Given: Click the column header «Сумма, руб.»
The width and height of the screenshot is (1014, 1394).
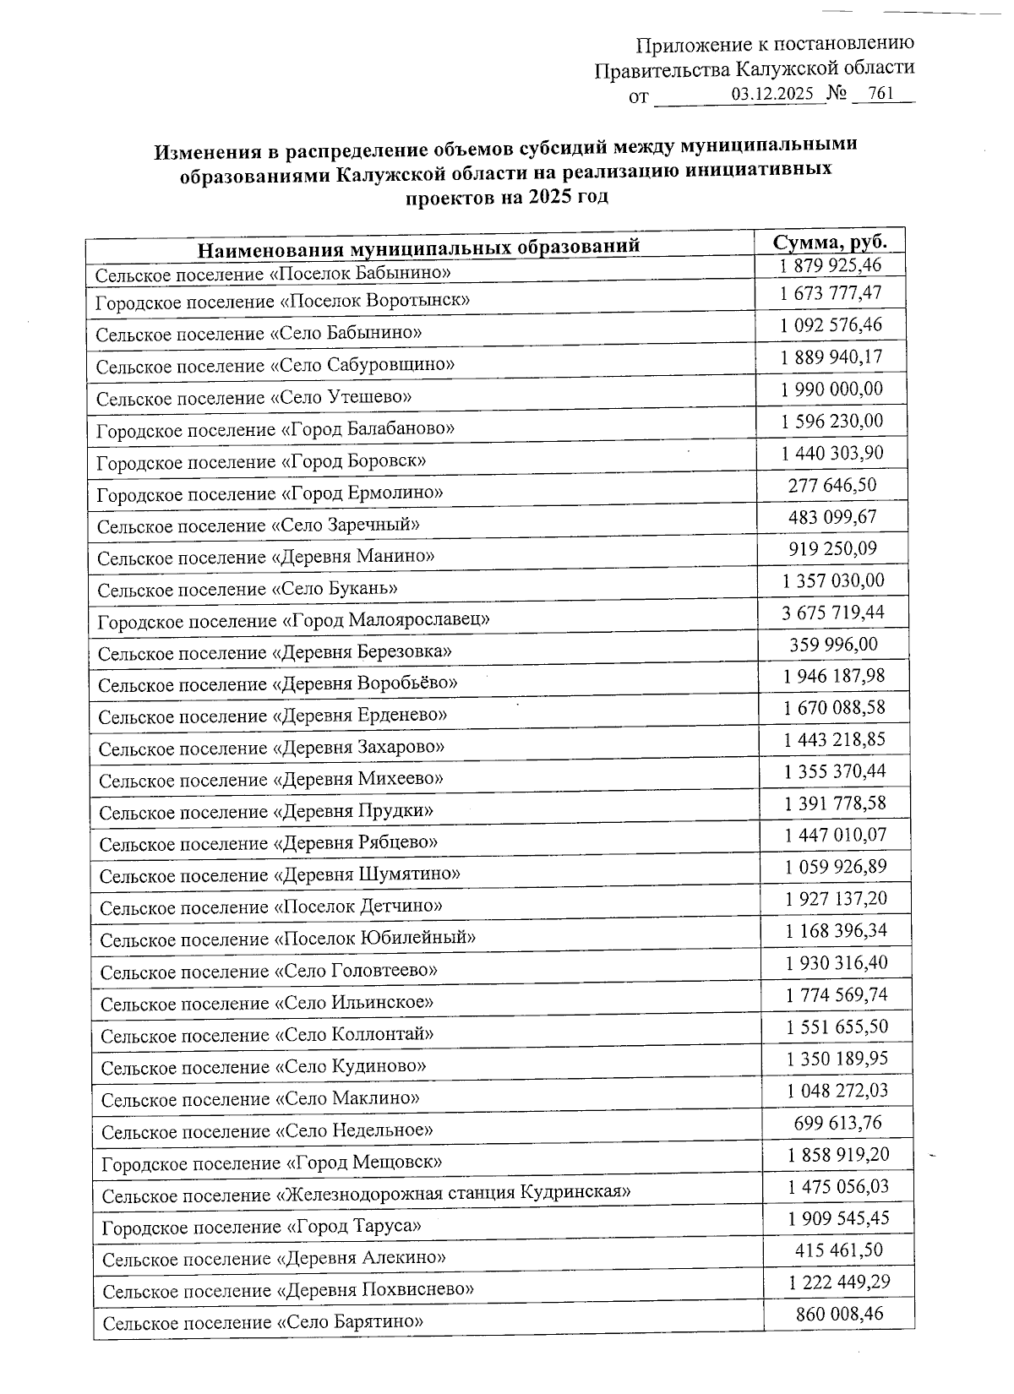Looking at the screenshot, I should tap(831, 242).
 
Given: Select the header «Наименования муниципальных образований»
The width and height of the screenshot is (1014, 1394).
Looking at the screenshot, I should tap(418, 248).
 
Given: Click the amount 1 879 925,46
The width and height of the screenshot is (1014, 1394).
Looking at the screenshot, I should tap(831, 265).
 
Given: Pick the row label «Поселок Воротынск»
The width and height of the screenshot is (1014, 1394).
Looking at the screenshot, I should tap(282, 301).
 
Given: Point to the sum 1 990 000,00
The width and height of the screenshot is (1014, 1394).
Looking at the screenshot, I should tap(831, 389).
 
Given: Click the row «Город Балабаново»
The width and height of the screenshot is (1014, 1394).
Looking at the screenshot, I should tap(275, 429).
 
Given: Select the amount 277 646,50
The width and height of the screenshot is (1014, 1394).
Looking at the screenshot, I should tap(832, 485).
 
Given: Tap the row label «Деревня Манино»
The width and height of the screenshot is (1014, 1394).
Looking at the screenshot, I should tap(266, 558).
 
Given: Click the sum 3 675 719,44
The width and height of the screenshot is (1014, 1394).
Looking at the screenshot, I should tap(833, 612).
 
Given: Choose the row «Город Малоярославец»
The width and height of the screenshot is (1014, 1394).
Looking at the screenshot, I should tap(294, 621).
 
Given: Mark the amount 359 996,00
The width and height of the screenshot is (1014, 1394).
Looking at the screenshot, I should tap(833, 645).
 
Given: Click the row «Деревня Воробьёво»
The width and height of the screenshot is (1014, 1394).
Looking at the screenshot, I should tap(278, 683).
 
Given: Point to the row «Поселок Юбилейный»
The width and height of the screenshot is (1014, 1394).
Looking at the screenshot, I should tap(287, 939).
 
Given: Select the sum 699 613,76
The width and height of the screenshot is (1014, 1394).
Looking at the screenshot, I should tap(837, 1123).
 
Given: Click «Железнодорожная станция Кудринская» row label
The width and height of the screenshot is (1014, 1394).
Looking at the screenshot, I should tap(367, 1195).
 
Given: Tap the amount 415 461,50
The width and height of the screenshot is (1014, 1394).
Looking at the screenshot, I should tap(838, 1250).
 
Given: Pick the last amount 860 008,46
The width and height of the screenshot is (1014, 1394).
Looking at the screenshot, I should tap(839, 1315).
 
